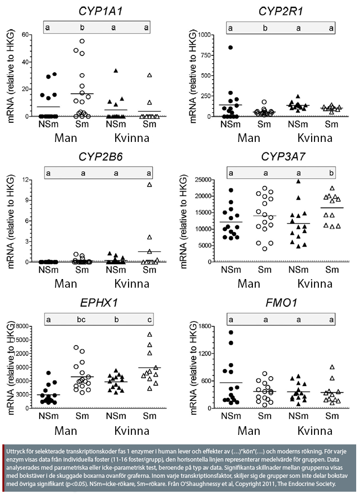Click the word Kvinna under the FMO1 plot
coord(315,431)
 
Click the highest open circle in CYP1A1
coord(82,41)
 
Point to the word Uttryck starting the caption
coord(18,452)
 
